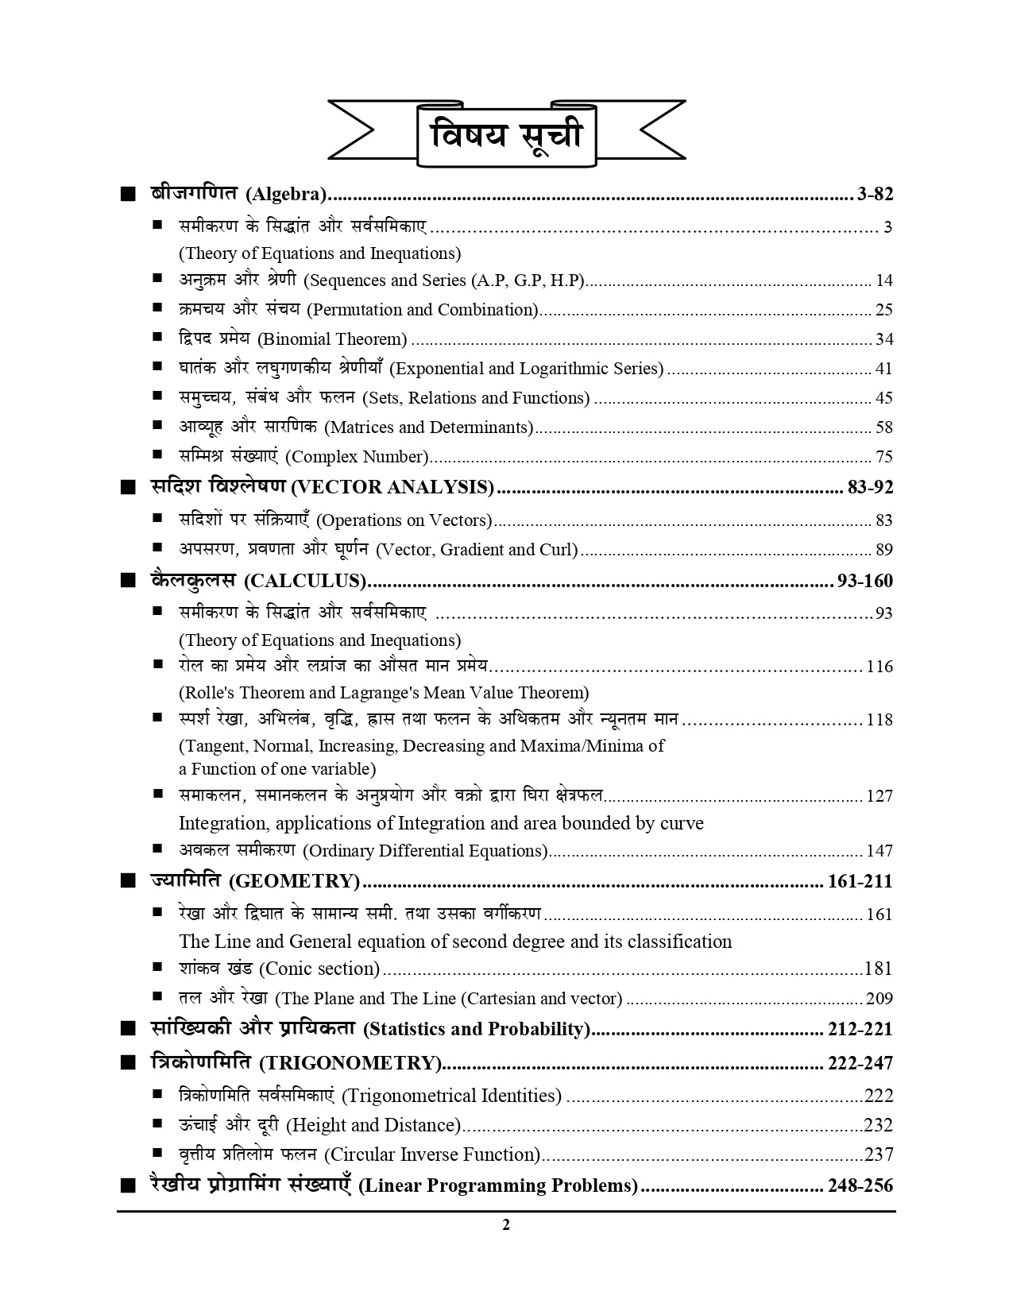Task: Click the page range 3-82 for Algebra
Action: click(876, 194)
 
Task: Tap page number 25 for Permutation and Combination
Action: click(883, 310)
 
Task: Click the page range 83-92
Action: click(870, 487)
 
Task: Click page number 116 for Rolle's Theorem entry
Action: click(880, 667)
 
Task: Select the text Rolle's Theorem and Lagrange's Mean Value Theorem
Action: click(384, 693)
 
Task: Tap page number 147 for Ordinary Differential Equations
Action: click(880, 851)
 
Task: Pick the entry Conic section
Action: click(319, 969)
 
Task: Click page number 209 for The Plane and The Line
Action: click(880, 999)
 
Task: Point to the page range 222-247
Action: click(860, 1063)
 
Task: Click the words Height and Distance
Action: click(373, 1125)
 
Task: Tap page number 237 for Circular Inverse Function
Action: click(879, 1154)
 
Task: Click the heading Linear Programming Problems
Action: click(498, 1186)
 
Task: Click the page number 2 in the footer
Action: click(506, 1224)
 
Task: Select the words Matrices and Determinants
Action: click(429, 427)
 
